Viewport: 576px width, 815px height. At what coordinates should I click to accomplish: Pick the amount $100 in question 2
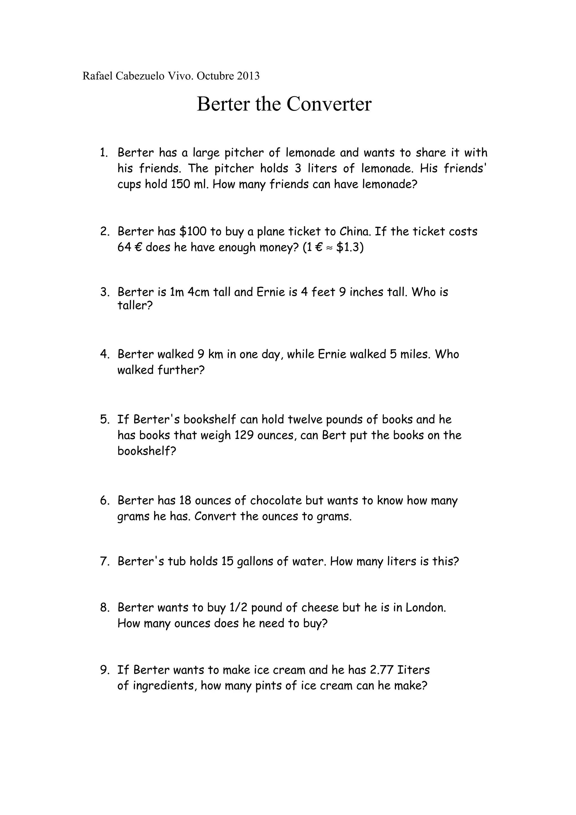point(193,231)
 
